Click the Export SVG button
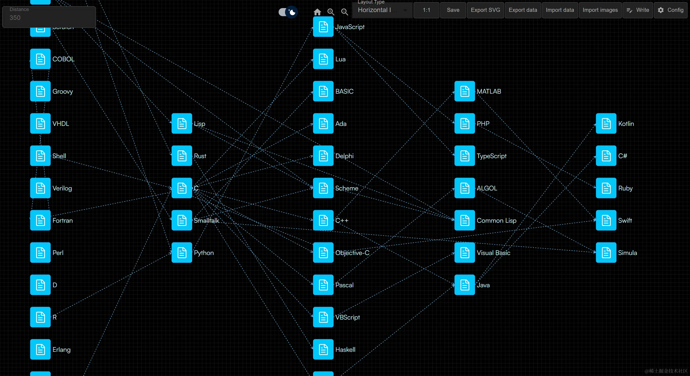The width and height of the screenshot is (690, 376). tap(485, 10)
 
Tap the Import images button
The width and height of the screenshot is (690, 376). tap(600, 10)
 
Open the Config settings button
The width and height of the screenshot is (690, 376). tap(670, 10)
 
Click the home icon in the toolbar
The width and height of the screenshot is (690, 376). tap(317, 12)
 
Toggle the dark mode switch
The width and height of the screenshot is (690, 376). tap(288, 12)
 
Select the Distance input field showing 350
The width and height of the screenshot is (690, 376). tap(49, 18)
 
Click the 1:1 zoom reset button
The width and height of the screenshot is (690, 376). tap(426, 10)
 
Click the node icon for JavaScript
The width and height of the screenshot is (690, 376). tap(323, 27)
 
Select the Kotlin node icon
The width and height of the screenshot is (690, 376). tap(606, 123)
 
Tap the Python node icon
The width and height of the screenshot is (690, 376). tap(182, 253)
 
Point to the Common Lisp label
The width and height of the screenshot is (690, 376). tap(496, 221)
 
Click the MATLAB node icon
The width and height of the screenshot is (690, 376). tap(464, 91)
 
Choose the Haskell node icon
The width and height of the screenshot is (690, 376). tap(323, 349)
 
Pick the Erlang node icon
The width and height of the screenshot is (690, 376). tap(40, 349)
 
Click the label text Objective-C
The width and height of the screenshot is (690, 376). tap(352, 253)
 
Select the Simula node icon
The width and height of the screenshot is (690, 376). tap(606, 253)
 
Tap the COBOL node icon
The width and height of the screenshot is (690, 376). tap(40, 59)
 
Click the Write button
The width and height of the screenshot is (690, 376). tap(638, 10)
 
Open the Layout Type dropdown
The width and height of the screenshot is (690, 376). tap(382, 10)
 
